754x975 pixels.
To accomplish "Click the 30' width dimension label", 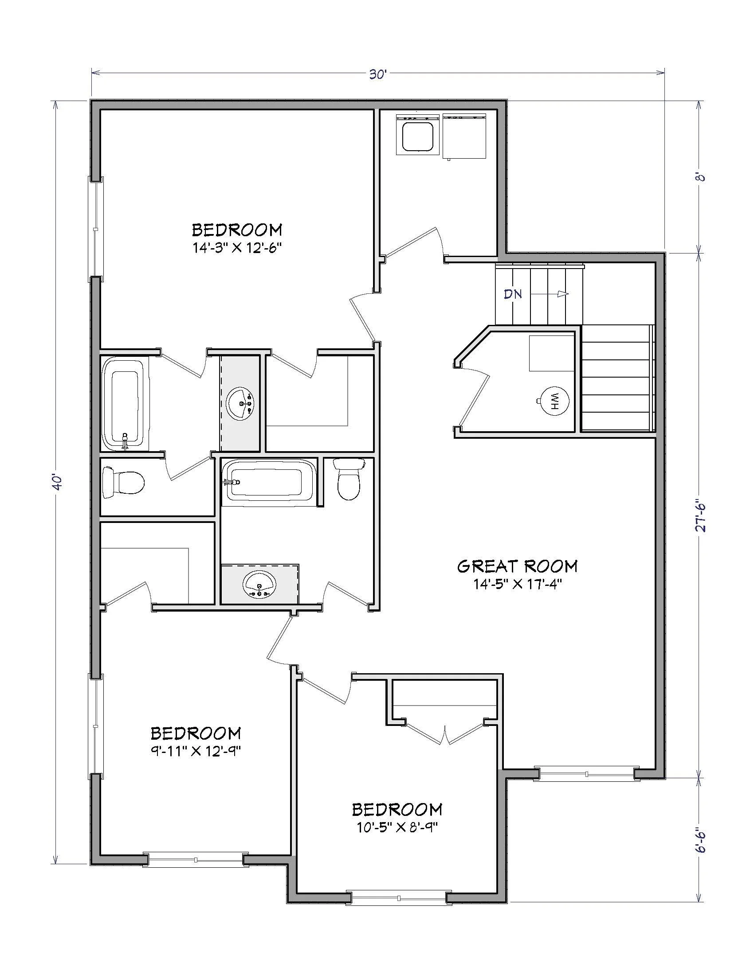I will pos(377,75).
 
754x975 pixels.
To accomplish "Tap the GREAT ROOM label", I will pos(517,566).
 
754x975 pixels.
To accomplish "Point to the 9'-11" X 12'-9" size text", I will pos(196,751).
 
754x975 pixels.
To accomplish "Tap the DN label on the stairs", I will pos(513,294).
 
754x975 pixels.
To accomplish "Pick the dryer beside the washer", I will pos(464,136).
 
